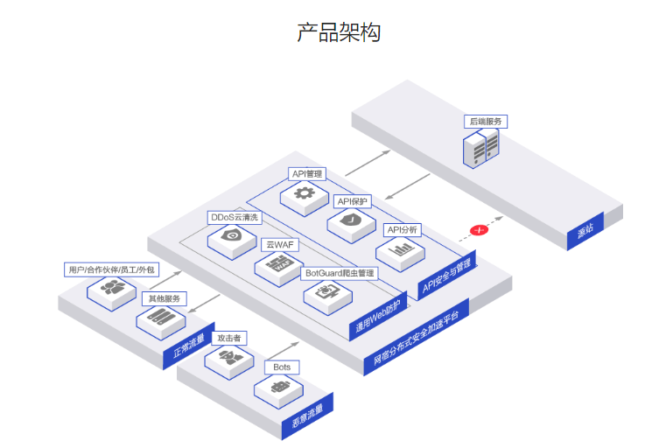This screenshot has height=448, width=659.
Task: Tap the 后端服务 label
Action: pos(487,121)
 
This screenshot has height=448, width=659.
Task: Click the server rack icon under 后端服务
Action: pos(480,148)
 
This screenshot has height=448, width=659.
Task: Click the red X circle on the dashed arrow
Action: pos(479,230)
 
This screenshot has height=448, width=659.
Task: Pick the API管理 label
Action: pos(307,173)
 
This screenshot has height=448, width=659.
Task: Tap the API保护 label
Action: pos(354,201)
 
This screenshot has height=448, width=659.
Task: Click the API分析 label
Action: pos(403,229)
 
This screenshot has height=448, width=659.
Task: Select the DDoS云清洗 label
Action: pos(234,216)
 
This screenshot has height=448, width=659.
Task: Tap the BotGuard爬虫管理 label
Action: pos(340,273)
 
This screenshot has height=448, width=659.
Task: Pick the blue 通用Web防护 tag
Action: pos(378,317)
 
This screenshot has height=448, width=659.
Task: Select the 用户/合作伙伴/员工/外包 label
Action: pos(111,269)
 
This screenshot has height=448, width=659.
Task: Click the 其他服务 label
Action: pos(165,298)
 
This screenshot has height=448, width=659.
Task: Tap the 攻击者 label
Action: pos(230,338)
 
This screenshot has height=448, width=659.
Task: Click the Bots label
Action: pos(281,367)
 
